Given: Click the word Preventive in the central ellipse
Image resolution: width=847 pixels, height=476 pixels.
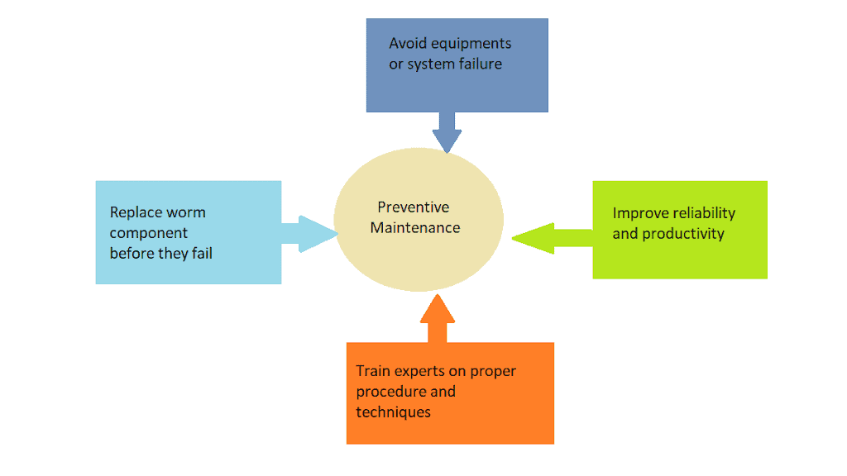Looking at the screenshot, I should point(414,207).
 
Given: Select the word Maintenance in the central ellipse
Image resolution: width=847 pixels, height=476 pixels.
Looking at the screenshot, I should point(415,227).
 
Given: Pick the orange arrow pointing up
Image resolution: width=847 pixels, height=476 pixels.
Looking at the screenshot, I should point(438,318).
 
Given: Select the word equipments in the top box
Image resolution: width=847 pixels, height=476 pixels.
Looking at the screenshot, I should point(472,44).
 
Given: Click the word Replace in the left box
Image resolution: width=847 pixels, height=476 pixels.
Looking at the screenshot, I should point(136,212).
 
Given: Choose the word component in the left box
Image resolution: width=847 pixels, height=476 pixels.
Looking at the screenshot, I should point(149,233).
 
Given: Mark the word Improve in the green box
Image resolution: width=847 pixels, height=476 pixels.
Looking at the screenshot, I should point(639,213).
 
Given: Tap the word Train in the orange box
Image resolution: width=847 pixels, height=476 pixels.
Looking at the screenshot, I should point(373,371).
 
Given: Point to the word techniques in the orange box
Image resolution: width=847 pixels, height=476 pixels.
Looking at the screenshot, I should point(394,412).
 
